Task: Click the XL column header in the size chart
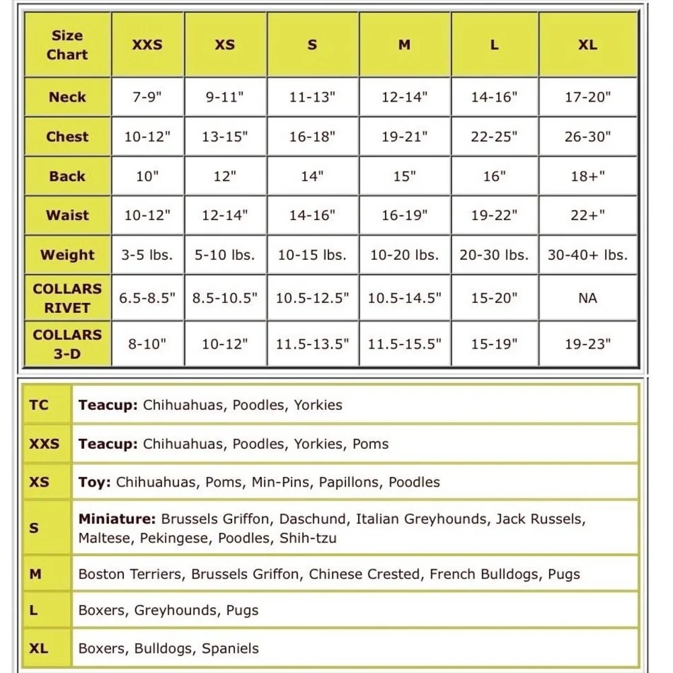tap(588, 45)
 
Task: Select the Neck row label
tap(67, 97)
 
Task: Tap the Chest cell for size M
tap(404, 137)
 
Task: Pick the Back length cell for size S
tap(312, 176)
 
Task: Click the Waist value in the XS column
tap(225, 215)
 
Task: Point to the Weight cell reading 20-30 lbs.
tap(494, 255)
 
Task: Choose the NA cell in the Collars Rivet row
tap(588, 297)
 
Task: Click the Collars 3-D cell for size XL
tap(588, 344)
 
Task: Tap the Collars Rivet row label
tap(67, 298)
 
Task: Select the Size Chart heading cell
tap(67, 45)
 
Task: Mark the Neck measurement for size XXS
tap(147, 97)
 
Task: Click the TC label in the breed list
tap(39, 405)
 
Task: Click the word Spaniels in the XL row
tap(230, 649)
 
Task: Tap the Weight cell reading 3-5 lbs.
tap(147, 255)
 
